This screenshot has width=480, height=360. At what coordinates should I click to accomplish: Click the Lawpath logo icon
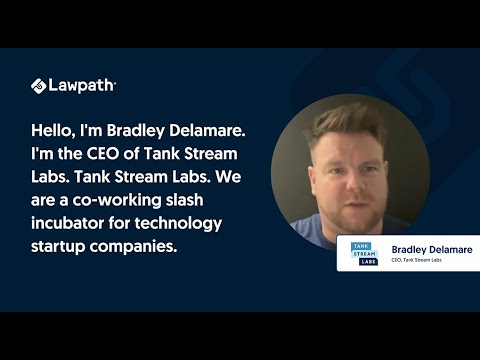tap(39, 86)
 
